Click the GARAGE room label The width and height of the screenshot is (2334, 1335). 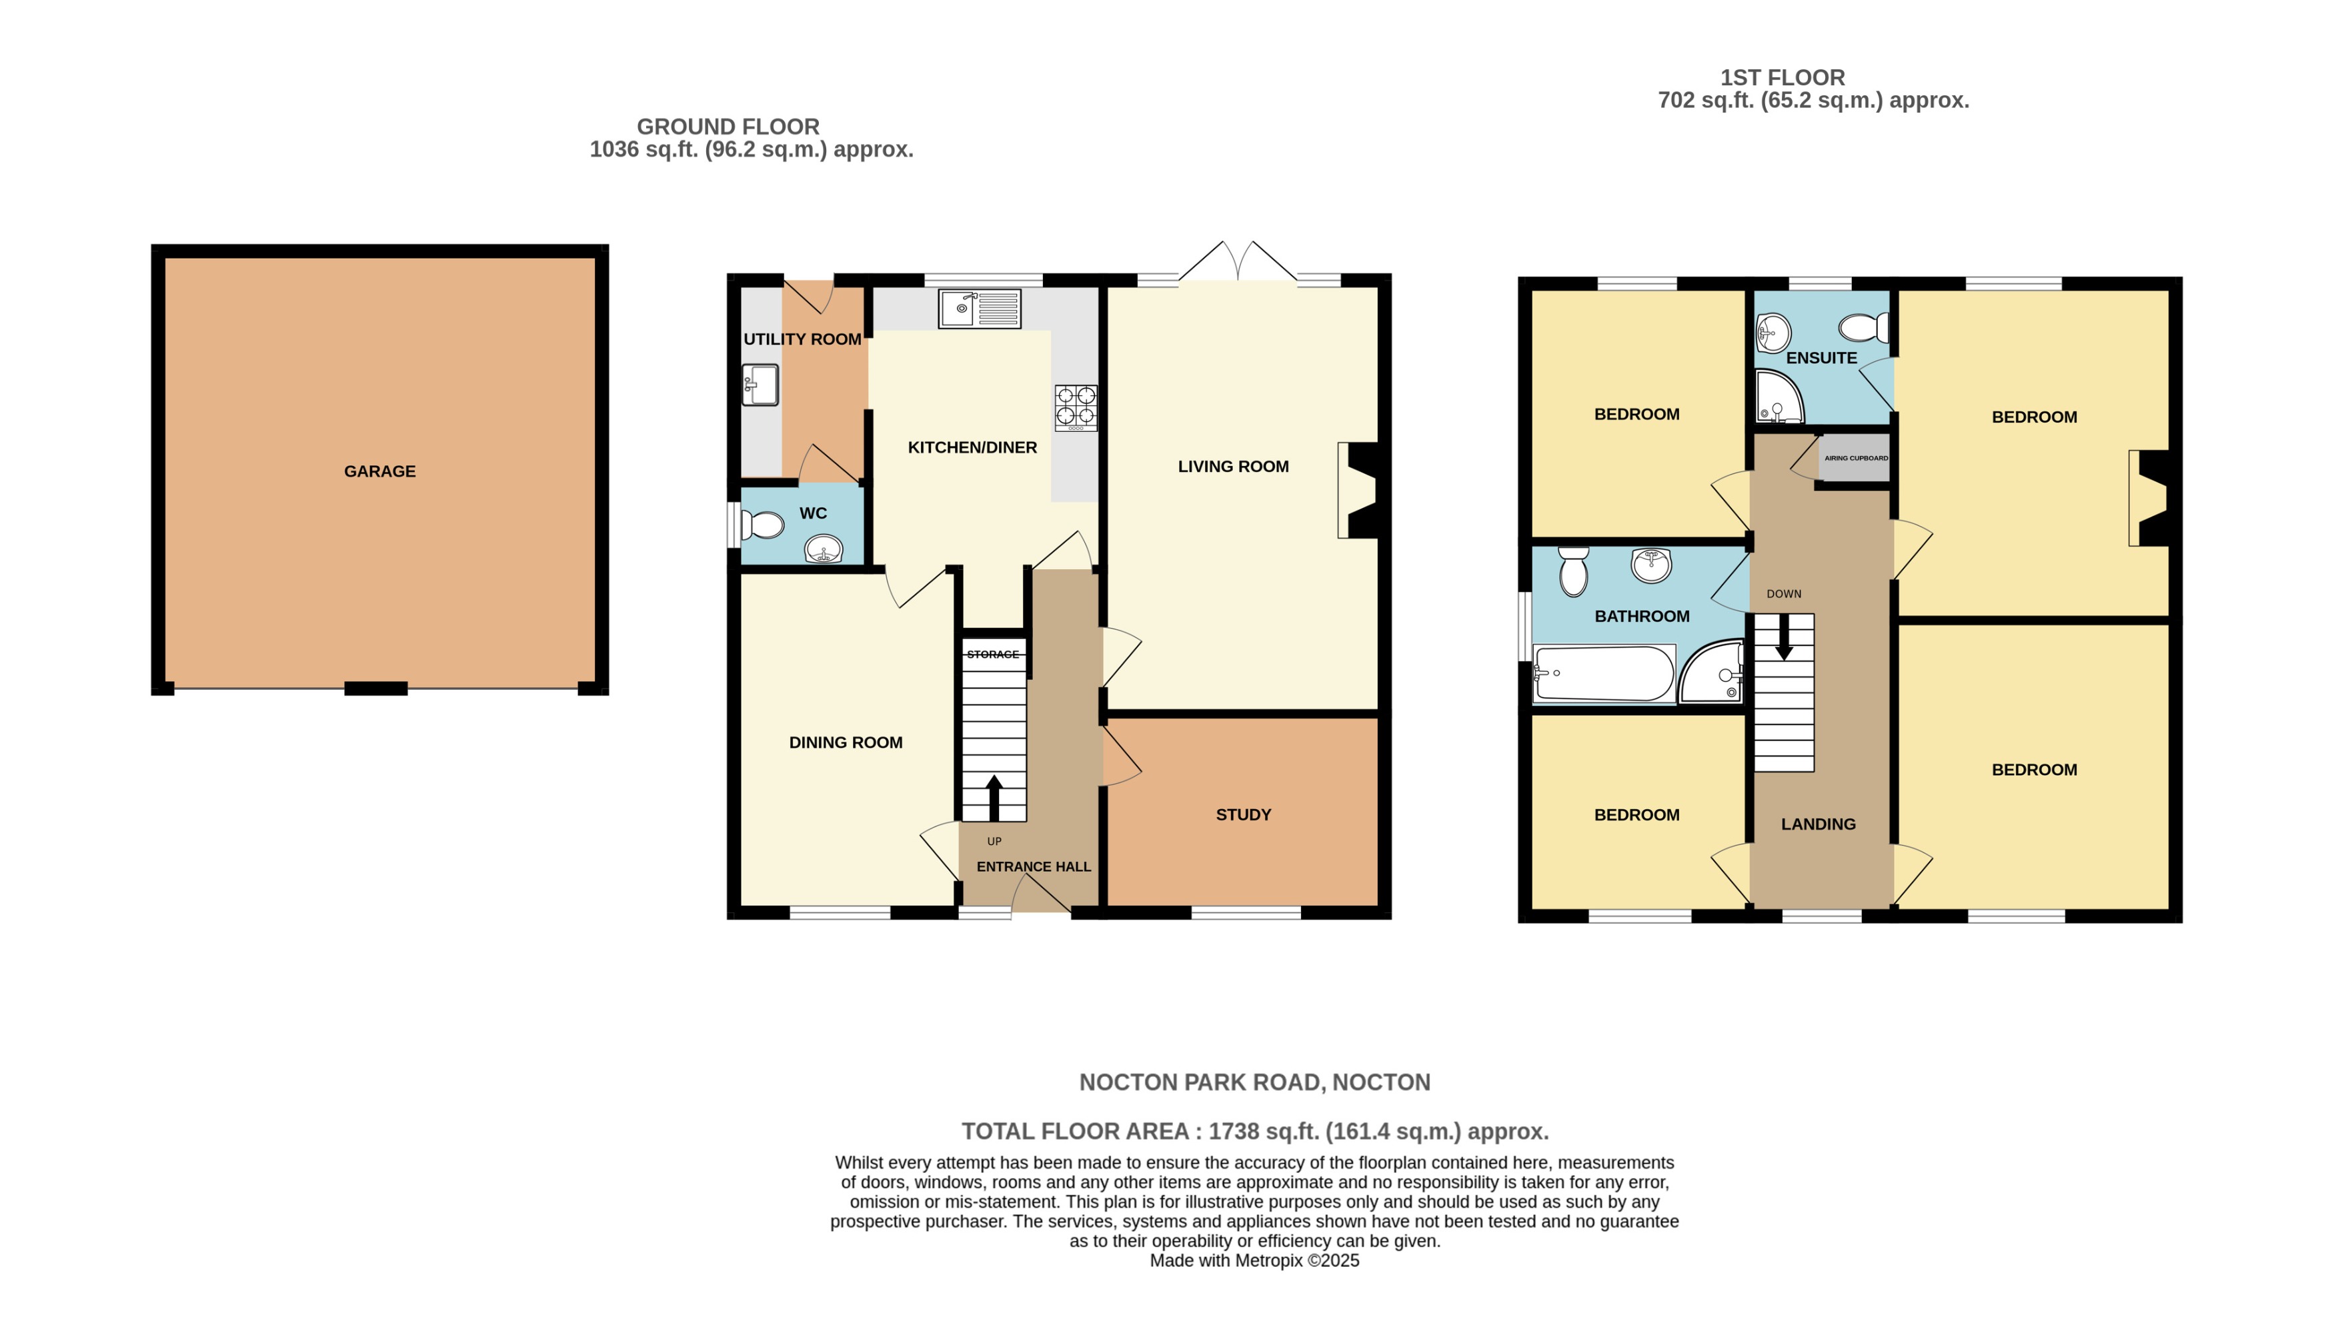click(379, 471)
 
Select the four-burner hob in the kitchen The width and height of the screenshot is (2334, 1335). click(1076, 407)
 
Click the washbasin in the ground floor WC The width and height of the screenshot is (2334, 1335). click(823, 550)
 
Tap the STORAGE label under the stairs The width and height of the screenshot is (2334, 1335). click(992, 655)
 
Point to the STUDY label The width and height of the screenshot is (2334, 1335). click(1242, 815)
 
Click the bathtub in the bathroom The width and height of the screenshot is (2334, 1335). click(1603, 674)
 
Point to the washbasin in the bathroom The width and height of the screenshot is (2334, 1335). click(1650, 565)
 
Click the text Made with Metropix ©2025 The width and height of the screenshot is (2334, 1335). click(1254, 1261)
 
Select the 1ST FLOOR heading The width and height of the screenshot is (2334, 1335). click(1782, 78)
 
